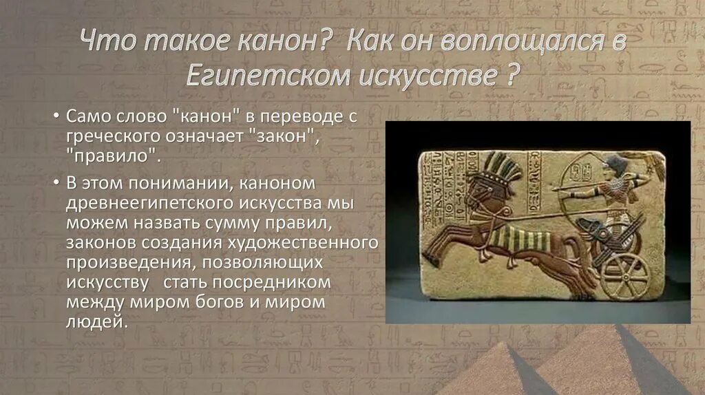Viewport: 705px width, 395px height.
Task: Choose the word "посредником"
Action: point(272,283)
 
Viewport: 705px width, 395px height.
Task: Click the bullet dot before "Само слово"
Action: point(56,118)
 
